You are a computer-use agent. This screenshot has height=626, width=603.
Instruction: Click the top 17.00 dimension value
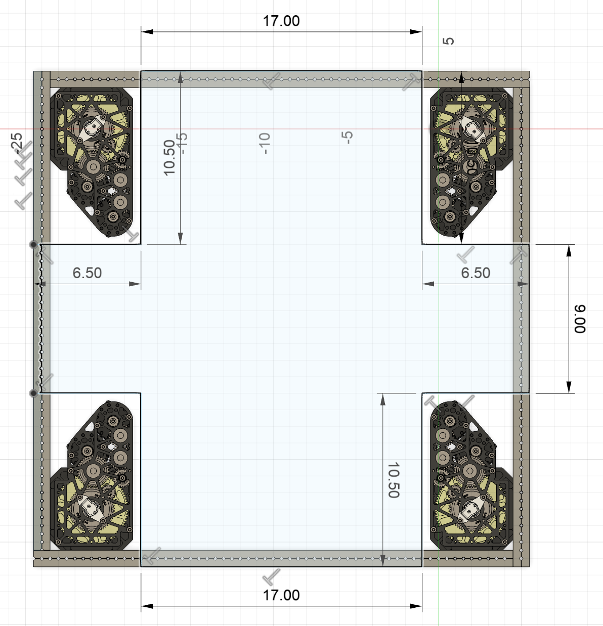tap(281, 21)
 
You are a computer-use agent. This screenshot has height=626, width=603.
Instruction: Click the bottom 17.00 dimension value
tap(281, 596)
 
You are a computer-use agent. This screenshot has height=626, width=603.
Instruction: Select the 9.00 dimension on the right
tap(580, 319)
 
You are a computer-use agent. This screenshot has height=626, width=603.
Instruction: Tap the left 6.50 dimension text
tap(87, 273)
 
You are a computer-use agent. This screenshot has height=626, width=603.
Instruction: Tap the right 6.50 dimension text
tap(476, 273)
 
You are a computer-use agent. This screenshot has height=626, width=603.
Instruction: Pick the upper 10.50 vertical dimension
tap(169, 158)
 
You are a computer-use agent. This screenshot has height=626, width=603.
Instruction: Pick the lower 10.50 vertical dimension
tap(394, 480)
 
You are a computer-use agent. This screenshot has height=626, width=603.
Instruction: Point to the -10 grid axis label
tap(265, 143)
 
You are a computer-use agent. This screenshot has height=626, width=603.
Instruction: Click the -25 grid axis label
tap(16, 143)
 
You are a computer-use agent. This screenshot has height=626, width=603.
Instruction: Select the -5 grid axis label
tap(347, 138)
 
